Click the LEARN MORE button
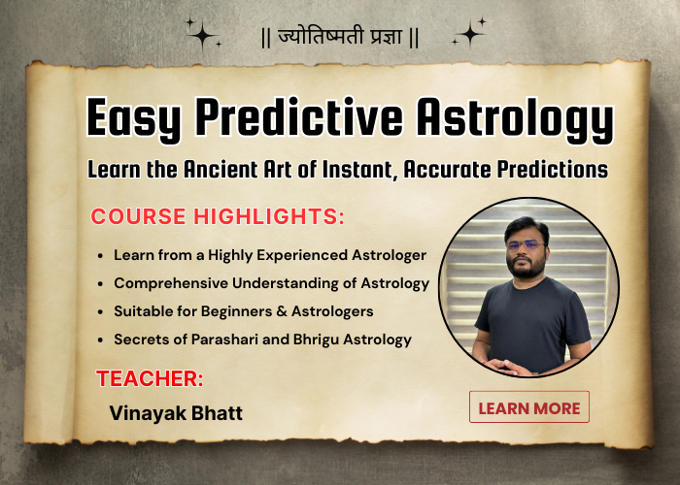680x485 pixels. coord(529,407)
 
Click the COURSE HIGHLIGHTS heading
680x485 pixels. coord(217,216)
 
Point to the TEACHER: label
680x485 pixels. coord(149,377)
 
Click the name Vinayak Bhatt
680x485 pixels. coord(176,413)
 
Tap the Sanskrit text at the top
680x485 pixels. coord(339,40)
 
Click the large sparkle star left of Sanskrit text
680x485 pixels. coord(201,35)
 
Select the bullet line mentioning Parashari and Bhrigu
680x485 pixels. coord(262,339)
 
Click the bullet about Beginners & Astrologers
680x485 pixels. coord(243,311)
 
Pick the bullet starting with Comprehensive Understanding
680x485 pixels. coord(271,283)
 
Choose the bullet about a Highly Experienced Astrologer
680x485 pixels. coord(270,255)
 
